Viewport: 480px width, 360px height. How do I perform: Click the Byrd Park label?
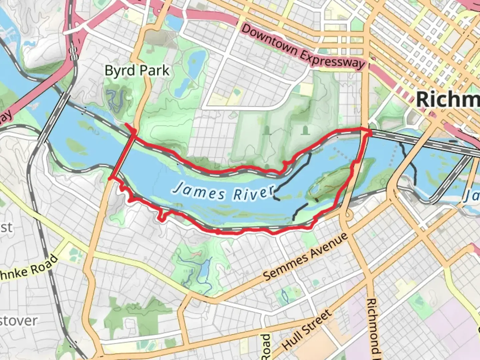pyautogui.click(x=137, y=71)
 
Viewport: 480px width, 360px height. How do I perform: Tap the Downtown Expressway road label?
pyautogui.click(x=303, y=46)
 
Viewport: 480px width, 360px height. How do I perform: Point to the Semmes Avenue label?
pyautogui.click(x=305, y=257)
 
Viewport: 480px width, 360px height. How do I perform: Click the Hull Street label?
pyautogui.click(x=307, y=329)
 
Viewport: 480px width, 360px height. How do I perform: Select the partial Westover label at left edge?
pyautogui.click(x=18, y=321)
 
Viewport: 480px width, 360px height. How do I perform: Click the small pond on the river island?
pyautogui.click(x=314, y=191)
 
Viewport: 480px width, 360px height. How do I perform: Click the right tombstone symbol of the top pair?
pyautogui.click(x=304, y=130)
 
